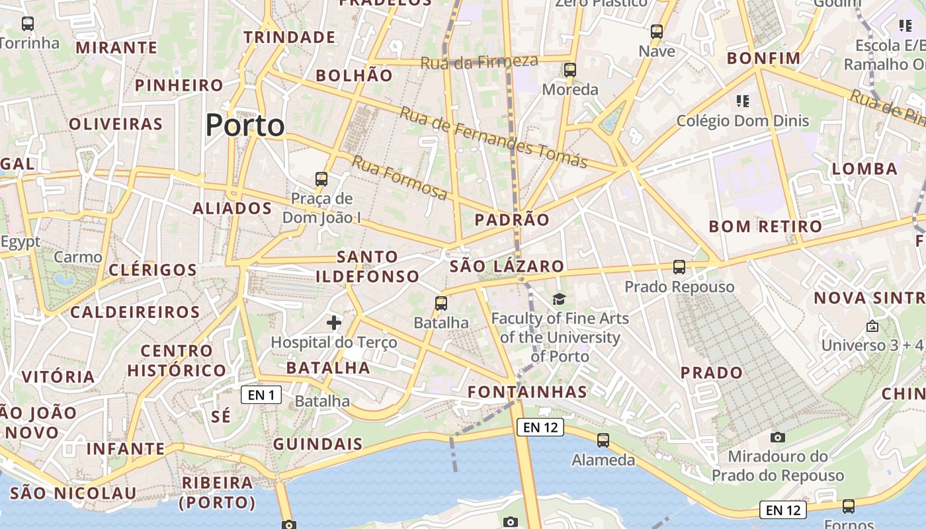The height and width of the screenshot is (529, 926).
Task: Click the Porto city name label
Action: (x=245, y=125)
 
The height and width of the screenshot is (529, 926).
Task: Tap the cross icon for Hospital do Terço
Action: (x=334, y=322)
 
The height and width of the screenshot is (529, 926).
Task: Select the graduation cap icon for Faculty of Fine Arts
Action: (x=560, y=299)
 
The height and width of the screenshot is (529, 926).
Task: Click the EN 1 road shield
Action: (x=261, y=395)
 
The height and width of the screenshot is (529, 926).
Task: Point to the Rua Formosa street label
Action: (x=400, y=178)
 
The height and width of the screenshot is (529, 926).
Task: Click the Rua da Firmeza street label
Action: (x=480, y=62)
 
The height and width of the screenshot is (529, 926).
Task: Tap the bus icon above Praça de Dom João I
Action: (x=321, y=179)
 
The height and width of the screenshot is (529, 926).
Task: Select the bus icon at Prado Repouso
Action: (x=679, y=267)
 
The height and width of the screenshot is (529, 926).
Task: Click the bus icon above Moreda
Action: (x=570, y=69)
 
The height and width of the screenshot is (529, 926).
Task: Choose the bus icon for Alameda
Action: (x=603, y=440)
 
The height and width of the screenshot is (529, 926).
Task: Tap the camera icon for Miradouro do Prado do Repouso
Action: (x=778, y=437)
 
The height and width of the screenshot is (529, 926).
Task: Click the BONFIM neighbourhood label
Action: (x=764, y=58)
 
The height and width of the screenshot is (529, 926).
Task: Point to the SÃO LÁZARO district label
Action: (x=507, y=266)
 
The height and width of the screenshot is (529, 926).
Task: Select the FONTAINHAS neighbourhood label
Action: (x=527, y=391)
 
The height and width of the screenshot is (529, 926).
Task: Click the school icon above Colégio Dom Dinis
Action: (x=743, y=101)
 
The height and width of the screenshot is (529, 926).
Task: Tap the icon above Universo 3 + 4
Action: (x=872, y=326)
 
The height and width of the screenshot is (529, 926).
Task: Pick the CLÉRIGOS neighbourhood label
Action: (x=153, y=270)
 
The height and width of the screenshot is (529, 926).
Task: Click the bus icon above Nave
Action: (x=657, y=31)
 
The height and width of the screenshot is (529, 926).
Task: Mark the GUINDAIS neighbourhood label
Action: (x=317, y=444)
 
